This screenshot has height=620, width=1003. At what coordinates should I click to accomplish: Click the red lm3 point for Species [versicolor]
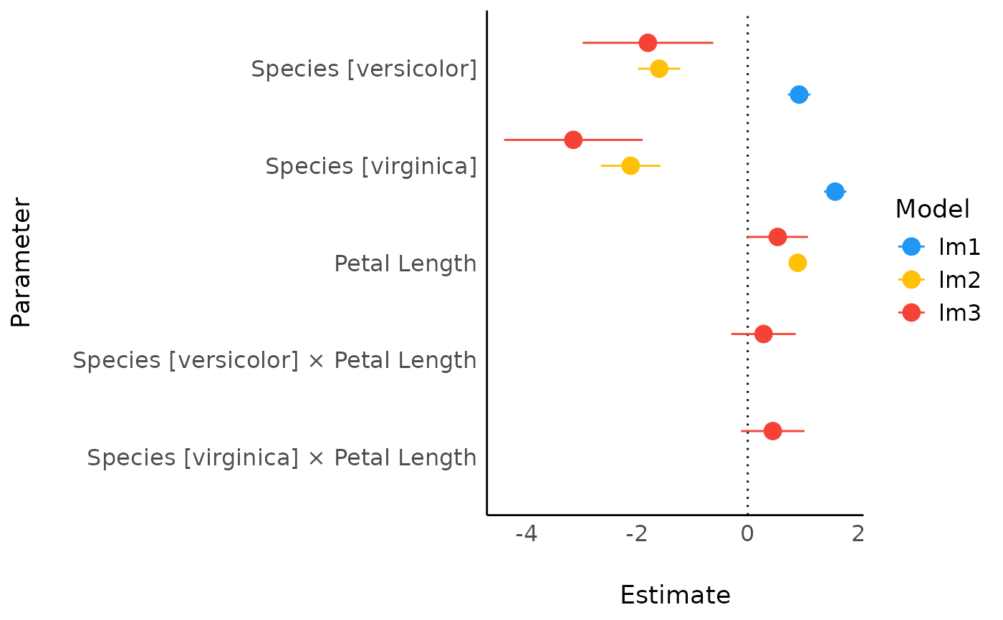[x=648, y=42]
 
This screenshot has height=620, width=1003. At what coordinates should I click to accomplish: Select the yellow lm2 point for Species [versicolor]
[x=659, y=69]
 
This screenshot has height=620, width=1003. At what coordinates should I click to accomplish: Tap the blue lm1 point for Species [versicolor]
[x=799, y=95]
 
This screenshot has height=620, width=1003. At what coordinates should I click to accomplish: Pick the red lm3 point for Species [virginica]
[x=573, y=140]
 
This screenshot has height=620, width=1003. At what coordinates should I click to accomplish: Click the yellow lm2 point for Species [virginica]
[x=630, y=165]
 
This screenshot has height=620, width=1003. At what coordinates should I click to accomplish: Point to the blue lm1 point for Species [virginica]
[x=835, y=191]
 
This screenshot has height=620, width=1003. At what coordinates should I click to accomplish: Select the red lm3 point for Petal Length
[x=777, y=236]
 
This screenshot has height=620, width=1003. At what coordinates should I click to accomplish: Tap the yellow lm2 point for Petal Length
[x=797, y=263]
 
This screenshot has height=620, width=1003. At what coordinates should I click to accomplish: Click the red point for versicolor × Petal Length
[x=764, y=334]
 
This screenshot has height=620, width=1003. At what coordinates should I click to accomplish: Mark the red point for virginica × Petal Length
[x=772, y=431]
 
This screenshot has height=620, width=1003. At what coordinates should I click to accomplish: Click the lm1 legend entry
[x=939, y=247]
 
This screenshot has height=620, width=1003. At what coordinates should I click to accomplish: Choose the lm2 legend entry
[x=939, y=280]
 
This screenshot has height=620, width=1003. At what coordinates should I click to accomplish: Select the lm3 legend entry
[x=939, y=313]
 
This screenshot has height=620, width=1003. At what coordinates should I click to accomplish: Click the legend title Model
[x=932, y=209]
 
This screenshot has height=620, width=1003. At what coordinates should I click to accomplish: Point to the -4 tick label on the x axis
[x=527, y=534]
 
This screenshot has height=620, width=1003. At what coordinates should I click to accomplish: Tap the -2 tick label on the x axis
[x=636, y=534]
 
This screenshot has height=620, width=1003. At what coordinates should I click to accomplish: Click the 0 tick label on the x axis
[x=747, y=534]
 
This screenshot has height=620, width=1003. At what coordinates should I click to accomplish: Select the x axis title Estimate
[x=675, y=596]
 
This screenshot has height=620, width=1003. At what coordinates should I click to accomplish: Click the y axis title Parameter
[x=21, y=263]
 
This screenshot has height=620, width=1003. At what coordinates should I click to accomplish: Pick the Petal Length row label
[x=405, y=264]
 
